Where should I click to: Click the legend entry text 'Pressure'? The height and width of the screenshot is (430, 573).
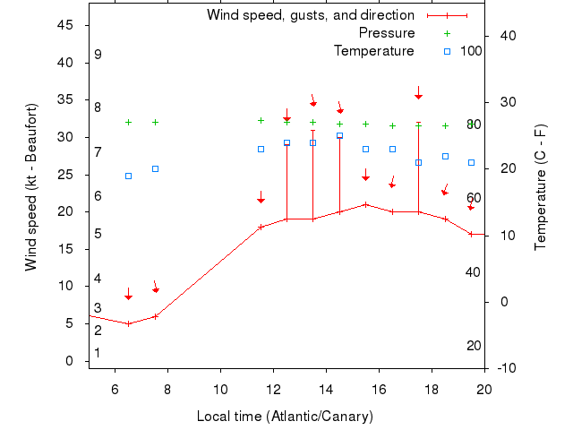[x=387, y=33]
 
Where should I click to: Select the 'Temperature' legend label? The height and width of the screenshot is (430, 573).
[x=373, y=50]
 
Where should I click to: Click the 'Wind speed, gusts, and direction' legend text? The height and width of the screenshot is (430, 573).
[x=310, y=15]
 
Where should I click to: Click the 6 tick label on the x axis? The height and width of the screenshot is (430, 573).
[x=115, y=389]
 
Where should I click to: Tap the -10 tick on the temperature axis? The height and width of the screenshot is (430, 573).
[x=507, y=368]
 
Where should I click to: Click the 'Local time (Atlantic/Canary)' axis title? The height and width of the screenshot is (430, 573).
[x=285, y=417]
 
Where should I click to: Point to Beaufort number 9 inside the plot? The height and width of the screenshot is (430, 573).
[x=98, y=55]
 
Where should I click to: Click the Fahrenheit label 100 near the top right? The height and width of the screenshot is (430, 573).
[x=471, y=50]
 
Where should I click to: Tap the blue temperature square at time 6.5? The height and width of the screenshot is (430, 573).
[x=128, y=176]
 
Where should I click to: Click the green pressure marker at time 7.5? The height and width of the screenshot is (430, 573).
[x=155, y=122]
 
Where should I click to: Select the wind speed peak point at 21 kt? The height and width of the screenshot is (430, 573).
[x=365, y=204]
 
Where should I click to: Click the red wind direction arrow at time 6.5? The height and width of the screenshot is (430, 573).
[x=128, y=294]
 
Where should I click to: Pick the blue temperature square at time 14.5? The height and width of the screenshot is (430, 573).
[x=339, y=135]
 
